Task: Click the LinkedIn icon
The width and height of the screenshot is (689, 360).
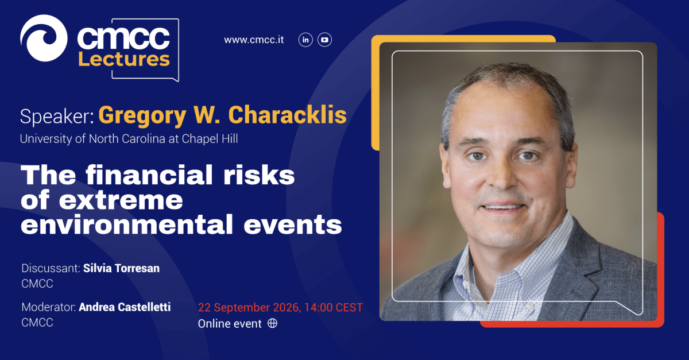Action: (305, 40)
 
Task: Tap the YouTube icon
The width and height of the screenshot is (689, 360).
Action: (324, 40)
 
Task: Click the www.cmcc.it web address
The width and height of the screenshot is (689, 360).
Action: (254, 40)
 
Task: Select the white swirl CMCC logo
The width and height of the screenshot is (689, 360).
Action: (44, 38)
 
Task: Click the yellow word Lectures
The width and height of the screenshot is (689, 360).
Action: (124, 59)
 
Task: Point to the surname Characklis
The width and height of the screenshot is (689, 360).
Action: (287, 115)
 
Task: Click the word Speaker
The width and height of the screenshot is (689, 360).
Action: (57, 117)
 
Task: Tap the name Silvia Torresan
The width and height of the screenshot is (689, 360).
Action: (122, 268)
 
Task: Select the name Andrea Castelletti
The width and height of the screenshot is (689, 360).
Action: (125, 307)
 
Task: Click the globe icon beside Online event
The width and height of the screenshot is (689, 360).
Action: (272, 323)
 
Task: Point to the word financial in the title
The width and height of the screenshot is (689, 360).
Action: (149, 175)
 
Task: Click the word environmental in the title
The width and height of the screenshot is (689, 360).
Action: (127, 224)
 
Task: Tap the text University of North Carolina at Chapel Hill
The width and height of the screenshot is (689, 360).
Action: (129, 139)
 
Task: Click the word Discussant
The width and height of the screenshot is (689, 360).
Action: (51, 268)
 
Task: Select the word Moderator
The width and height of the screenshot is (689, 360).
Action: (49, 307)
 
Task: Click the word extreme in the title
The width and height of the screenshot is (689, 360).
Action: (121, 200)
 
